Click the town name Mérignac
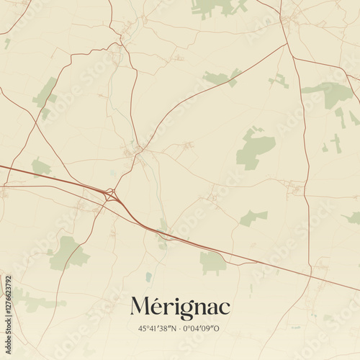180,306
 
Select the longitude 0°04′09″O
204,328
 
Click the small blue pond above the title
148,276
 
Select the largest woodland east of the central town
255,148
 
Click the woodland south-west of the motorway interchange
68,252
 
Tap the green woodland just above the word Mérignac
212,263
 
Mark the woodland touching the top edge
216,7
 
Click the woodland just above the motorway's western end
40,167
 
